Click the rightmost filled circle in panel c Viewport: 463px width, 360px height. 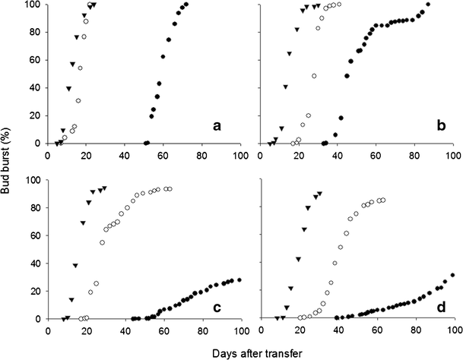pos(239,280)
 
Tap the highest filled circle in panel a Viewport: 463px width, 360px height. pos(186,5)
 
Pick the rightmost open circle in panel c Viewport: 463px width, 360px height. pos(170,189)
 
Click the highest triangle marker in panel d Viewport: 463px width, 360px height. pos(319,194)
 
